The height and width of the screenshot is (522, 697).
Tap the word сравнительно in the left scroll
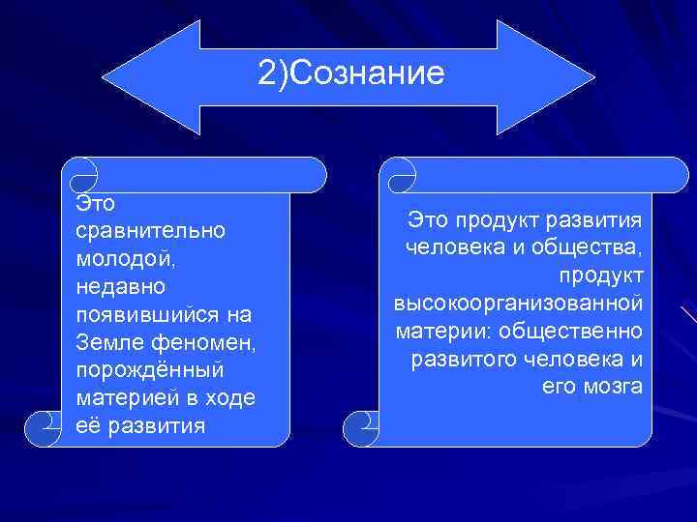[x=149, y=231]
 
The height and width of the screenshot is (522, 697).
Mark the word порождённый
[x=148, y=371]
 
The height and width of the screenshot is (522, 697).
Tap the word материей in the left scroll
[x=120, y=399]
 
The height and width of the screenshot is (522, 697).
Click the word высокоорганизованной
[x=518, y=304]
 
